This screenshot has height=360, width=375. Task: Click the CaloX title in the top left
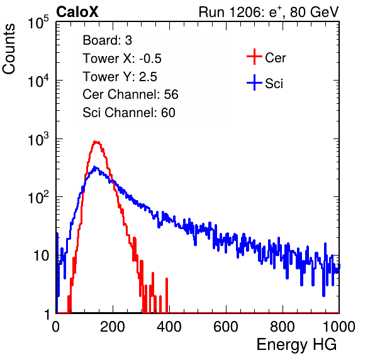[x=77, y=12]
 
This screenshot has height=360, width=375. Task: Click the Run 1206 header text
[x=269, y=12]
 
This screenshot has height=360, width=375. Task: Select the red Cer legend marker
[x=254, y=57]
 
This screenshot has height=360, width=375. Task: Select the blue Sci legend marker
[x=254, y=82]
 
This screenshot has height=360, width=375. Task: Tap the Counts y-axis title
[x=9, y=49]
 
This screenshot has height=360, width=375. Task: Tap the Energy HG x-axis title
[x=296, y=344]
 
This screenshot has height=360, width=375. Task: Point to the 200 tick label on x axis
[x=113, y=327]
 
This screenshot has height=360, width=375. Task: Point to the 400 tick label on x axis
[x=169, y=327]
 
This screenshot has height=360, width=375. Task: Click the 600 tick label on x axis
[x=226, y=327]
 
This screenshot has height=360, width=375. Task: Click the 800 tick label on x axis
[x=283, y=327]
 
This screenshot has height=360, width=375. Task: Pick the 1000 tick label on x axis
[x=339, y=327]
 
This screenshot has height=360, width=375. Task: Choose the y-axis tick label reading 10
[x=41, y=256]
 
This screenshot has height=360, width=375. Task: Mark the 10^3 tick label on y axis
[x=38, y=139]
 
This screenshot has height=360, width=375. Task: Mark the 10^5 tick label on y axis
[x=38, y=23]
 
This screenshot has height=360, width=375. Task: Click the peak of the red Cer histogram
[x=96, y=142]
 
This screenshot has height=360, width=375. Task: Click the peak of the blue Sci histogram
[x=95, y=167]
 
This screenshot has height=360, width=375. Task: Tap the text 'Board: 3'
[x=107, y=40]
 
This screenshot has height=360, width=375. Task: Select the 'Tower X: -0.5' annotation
[x=122, y=59]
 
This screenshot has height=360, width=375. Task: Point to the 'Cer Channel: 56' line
[x=130, y=94]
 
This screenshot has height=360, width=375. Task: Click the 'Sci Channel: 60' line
[x=129, y=113]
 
